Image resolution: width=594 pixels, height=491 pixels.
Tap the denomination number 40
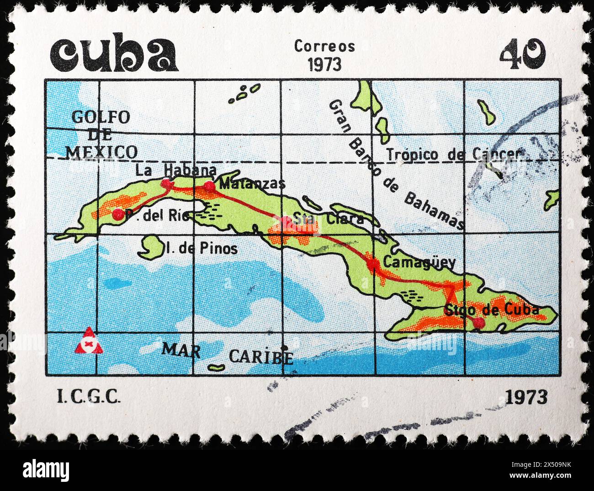pyautogui.click(x=522, y=54)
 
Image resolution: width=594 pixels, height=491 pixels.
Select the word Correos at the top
pyautogui.click(x=324, y=46)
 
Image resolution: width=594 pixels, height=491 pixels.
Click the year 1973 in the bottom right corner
pyautogui.click(x=526, y=397)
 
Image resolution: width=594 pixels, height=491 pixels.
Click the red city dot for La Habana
pyautogui.click(x=167, y=184)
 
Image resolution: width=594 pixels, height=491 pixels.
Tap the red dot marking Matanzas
pyautogui.click(x=209, y=186)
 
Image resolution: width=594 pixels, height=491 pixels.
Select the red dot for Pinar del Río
pyautogui.click(x=118, y=214)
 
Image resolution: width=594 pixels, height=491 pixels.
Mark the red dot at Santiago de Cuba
pyautogui.click(x=478, y=323)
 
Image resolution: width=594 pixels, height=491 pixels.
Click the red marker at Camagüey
pyautogui.click(x=373, y=263)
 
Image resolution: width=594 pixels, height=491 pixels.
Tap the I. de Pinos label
pyautogui.click(x=202, y=249)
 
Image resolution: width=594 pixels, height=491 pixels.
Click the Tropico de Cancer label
pyautogui.click(x=453, y=155)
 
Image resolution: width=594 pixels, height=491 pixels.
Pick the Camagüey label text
pyautogui.click(x=419, y=262)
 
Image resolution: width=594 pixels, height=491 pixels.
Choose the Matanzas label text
pyautogui.click(x=252, y=184)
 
